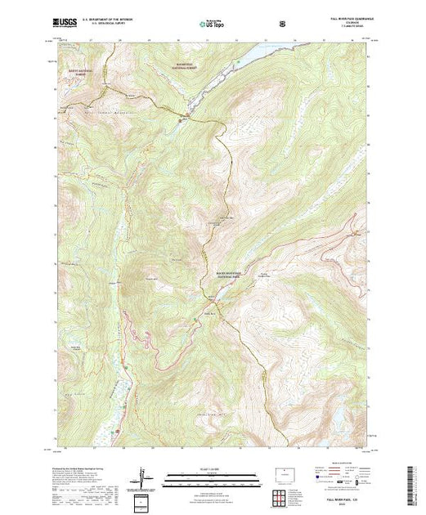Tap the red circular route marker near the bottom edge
[x=118, y=430]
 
